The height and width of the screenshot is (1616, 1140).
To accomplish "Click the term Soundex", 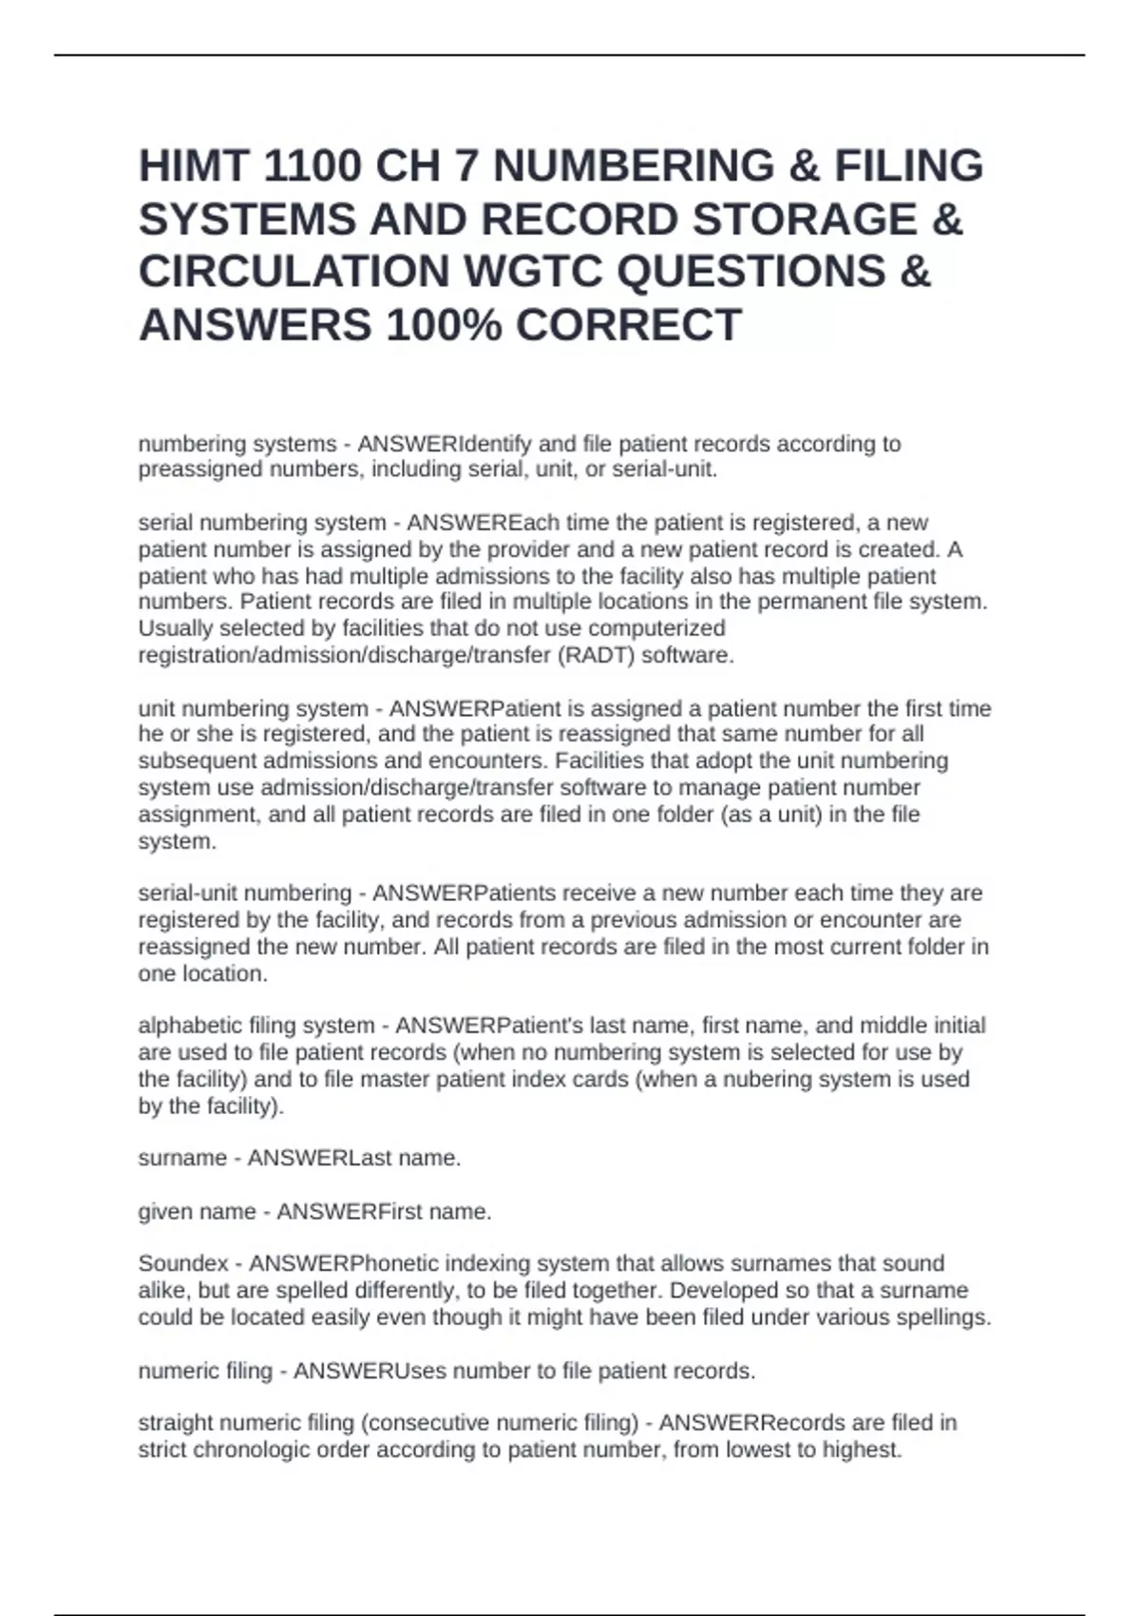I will pos(183,1263).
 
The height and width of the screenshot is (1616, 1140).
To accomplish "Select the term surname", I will pos(182,1158).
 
